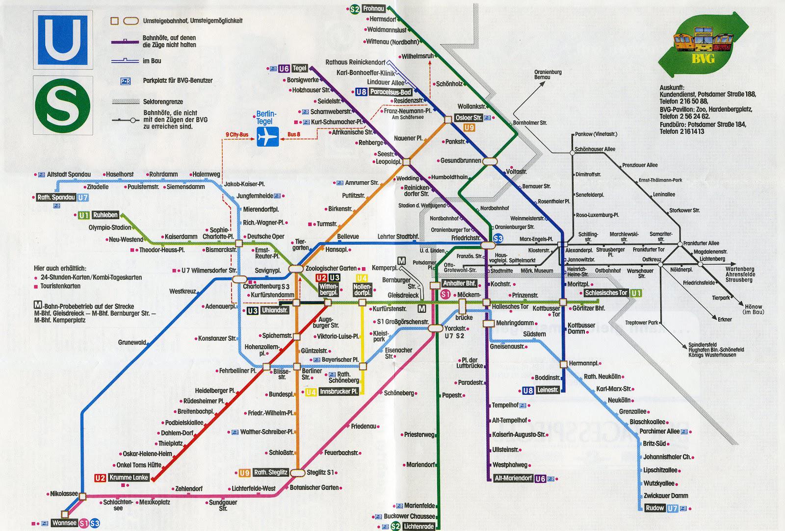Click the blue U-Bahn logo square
point(62,40)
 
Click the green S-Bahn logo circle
point(62,104)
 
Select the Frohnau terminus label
point(375,8)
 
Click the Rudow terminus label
point(655,508)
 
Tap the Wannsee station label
point(64,523)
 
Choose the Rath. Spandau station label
point(56,198)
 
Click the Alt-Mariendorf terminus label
point(513,478)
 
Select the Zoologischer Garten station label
point(331,268)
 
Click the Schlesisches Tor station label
point(606,293)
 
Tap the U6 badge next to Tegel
point(284,69)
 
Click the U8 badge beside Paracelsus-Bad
point(361,92)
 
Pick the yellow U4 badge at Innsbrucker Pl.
point(311,392)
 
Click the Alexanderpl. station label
point(579,250)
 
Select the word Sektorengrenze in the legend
point(163,101)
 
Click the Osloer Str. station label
point(469,118)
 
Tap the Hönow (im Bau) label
point(754,309)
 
